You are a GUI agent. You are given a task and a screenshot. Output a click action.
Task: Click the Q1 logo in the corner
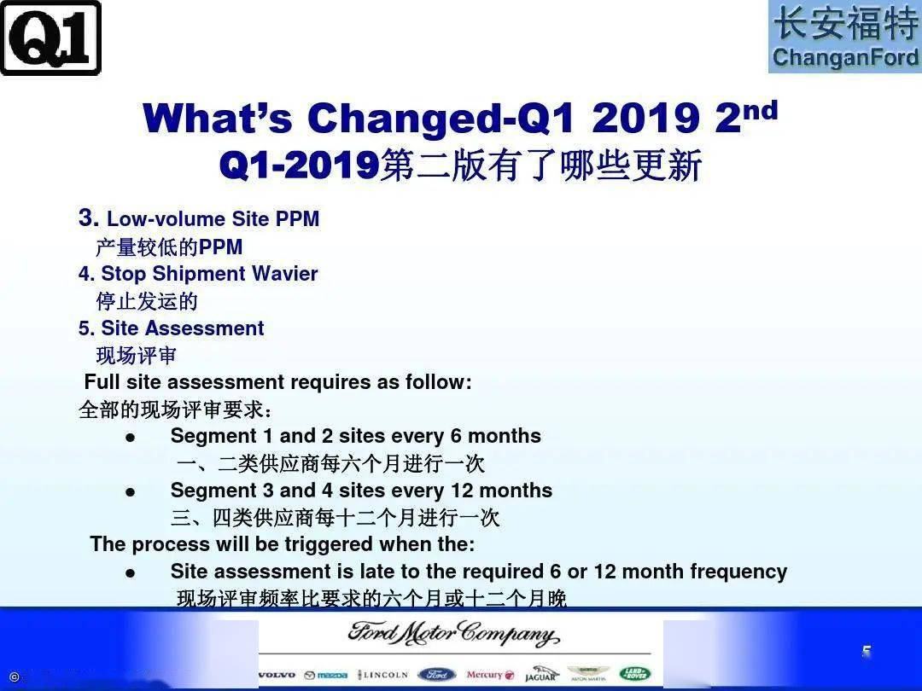(50, 38)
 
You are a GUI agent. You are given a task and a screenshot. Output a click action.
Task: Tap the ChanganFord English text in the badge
(845, 57)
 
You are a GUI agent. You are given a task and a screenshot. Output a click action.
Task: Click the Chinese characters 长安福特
(845, 23)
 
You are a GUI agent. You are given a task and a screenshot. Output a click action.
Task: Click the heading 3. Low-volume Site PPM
(199, 218)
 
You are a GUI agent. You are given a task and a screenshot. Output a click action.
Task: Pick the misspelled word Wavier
(284, 274)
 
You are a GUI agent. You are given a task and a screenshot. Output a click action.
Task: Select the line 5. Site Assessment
(172, 328)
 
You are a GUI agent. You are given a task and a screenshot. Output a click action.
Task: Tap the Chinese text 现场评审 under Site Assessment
(136, 355)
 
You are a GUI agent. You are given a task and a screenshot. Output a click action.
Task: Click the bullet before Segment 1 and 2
(131, 438)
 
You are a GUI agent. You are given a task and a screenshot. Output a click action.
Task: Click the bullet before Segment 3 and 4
(131, 492)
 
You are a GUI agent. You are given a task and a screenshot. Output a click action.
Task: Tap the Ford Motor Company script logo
(453, 636)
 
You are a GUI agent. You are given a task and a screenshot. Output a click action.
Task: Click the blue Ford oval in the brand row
(437, 675)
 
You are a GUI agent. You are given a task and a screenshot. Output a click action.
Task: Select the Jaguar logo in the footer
(540, 675)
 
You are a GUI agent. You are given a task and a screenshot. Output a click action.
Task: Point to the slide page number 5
(867, 652)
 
